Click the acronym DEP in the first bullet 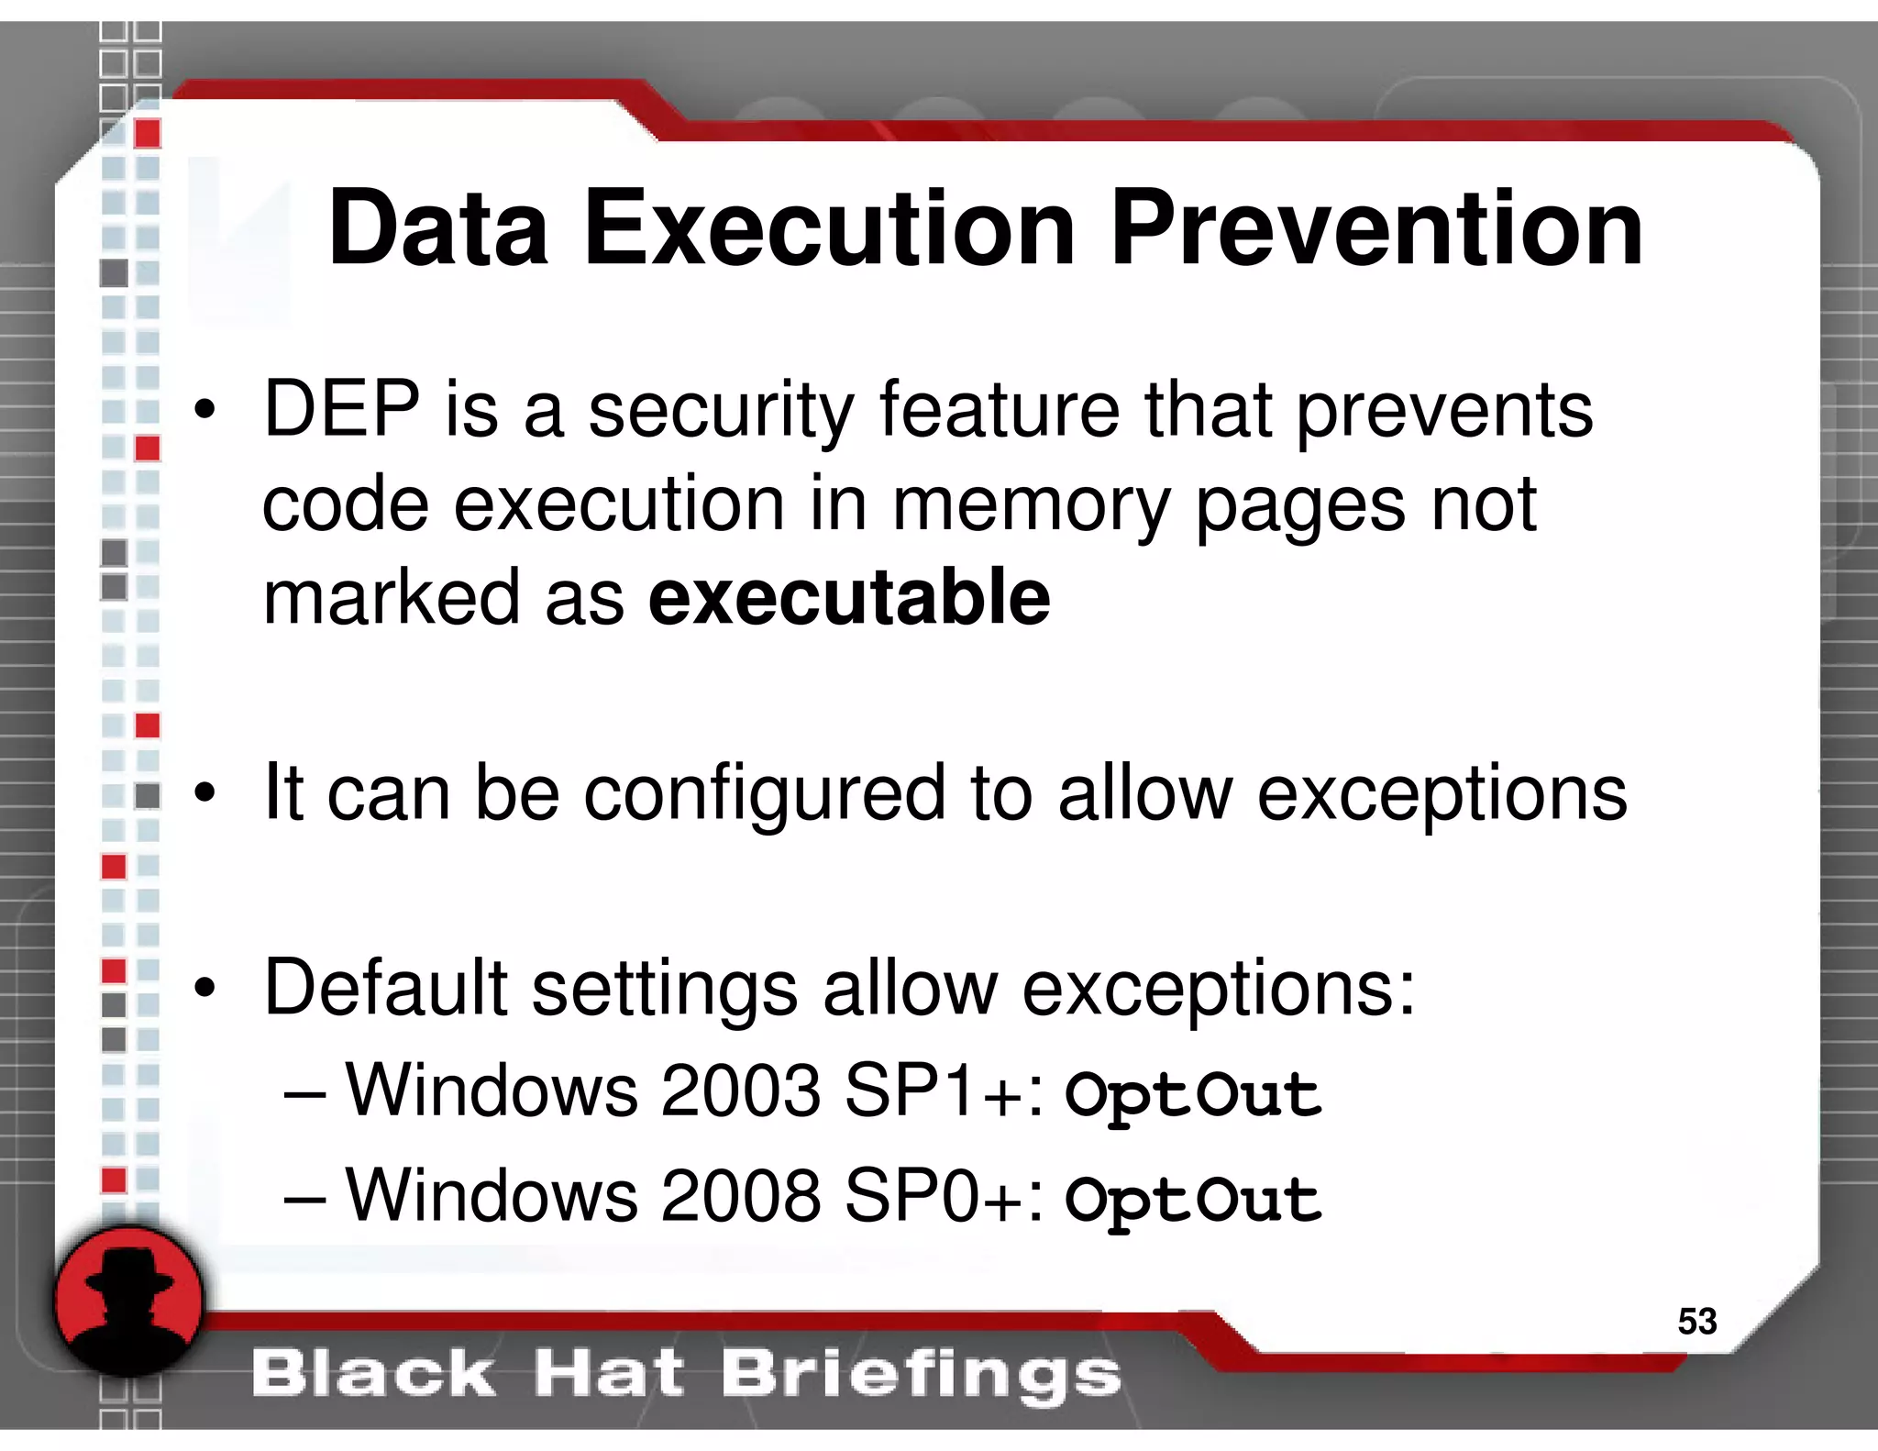(x=341, y=409)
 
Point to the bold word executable (x=849, y=598)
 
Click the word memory (x=1031, y=506)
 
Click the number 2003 (x=740, y=1091)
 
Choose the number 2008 (x=740, y=1196)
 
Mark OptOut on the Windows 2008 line (x=1193, y=1200)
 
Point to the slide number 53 (x=1696, y=1321)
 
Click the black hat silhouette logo (x=128, y=1301)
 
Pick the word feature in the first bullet (x=1000, y=409)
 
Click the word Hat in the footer (x=609, y=1374)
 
